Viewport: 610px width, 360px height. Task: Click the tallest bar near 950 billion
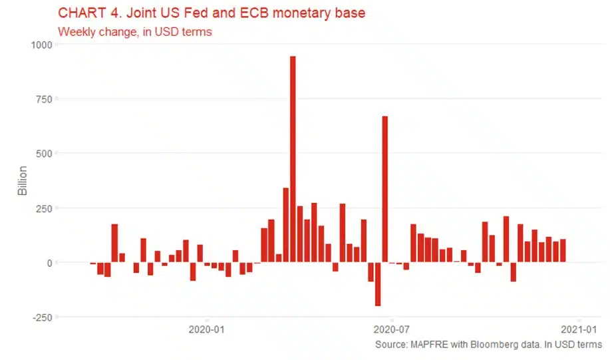point(293,160)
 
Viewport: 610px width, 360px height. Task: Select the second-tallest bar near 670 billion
point(384,190)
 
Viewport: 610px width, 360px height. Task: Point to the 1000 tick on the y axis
point(39,45)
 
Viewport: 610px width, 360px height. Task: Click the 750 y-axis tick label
point(43,99)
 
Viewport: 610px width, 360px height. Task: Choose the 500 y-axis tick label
point(43,154)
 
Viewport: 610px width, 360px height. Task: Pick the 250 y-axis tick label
point(43,208)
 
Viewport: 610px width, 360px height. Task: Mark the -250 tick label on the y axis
point(41,317)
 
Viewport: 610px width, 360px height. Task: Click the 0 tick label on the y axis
point(48,263)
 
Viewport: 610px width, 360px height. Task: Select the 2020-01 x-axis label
point(208,329)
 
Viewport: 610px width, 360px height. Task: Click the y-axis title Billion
point(23,180)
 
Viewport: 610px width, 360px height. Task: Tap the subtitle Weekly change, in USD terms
point(135,31)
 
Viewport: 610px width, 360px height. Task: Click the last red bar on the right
point(563,251)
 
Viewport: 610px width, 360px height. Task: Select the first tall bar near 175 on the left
point(114,243)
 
